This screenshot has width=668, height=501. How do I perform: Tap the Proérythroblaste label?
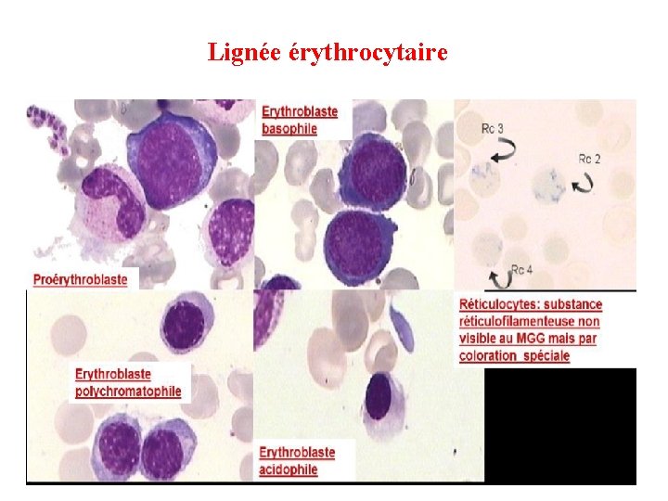point(81,278)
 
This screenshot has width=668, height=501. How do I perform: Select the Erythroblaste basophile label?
point(300,120)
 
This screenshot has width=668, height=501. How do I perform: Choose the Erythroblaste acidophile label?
point(297,460)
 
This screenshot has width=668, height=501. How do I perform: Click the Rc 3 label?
point(493,127)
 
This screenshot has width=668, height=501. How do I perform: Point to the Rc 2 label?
point(589,159)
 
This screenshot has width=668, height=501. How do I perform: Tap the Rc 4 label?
point(522,270)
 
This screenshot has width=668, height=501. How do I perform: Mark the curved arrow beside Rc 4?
point(497,276)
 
